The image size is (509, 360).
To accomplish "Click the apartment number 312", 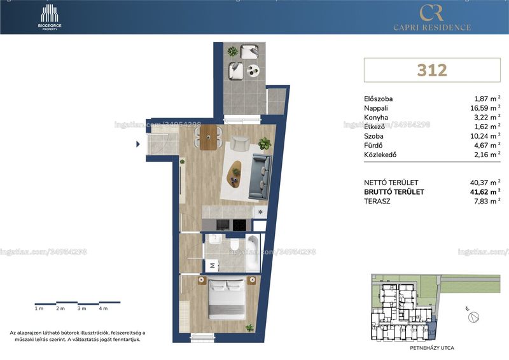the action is coord(432,70).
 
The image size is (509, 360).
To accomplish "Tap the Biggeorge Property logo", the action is coord(50,18).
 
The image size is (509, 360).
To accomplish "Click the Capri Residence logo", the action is coord(432,18).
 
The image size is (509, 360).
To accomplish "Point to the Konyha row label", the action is coord(376,118).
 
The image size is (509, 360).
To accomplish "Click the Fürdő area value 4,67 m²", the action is coord(487,146).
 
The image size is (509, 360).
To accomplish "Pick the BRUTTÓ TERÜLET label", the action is coord(394,192).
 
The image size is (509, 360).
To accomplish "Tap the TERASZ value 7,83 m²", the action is coord(487,201).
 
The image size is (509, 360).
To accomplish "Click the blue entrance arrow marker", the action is coord(138,144).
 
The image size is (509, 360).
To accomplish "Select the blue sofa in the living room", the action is coord(260,176).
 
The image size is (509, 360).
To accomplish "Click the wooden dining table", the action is coord(208,137).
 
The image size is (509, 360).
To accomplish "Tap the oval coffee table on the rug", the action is coord(234,174).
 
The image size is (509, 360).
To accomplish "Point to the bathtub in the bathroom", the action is coord(253,253).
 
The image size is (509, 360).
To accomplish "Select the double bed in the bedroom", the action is coord(227,299).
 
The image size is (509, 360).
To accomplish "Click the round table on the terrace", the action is coord(253,71).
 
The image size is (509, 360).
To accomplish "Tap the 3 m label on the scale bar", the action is coord(82,308).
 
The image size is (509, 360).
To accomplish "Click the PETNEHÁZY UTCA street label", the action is coord(432,348).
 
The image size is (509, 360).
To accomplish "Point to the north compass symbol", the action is coord(473,317).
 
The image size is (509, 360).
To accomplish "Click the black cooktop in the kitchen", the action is coord(241,225).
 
